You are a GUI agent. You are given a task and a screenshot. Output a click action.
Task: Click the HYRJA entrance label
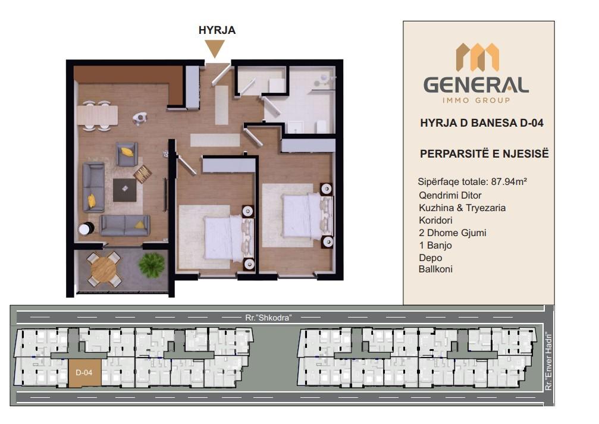[217, 30]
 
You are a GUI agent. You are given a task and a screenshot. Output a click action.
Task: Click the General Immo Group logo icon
[478, 57]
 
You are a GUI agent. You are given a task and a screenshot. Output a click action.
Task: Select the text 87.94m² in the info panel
[509, 181]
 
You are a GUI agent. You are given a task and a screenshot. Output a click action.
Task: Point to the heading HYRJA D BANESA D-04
[482, 123]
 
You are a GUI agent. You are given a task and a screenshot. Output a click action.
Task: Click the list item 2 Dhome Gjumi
[452, 233]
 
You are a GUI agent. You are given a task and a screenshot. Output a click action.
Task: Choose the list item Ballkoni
[435, 269]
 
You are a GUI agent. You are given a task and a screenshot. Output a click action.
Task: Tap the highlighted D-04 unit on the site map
[85, 373]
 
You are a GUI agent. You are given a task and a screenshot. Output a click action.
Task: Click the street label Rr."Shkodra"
[268, 318]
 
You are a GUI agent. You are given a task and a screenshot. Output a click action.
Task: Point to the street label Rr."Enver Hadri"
[549, 362]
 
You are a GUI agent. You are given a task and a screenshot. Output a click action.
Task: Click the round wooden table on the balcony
[104, 269]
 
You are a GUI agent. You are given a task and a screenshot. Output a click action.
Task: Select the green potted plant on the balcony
[152, 265]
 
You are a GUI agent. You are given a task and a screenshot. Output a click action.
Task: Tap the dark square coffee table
[124, 190]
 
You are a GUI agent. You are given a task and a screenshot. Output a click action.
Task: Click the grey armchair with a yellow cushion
[127, 154]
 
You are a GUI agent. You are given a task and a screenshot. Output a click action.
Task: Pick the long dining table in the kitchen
[98, 115]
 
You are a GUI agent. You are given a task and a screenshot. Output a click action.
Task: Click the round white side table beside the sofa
[86, 229]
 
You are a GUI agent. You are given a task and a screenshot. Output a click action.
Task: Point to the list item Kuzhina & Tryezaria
[462, 208]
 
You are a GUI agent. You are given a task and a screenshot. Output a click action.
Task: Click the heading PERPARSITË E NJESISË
[484, 154]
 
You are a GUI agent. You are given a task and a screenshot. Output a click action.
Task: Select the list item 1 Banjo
[435, 245]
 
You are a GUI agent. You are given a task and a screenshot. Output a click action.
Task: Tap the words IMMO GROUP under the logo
[476, 100]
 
